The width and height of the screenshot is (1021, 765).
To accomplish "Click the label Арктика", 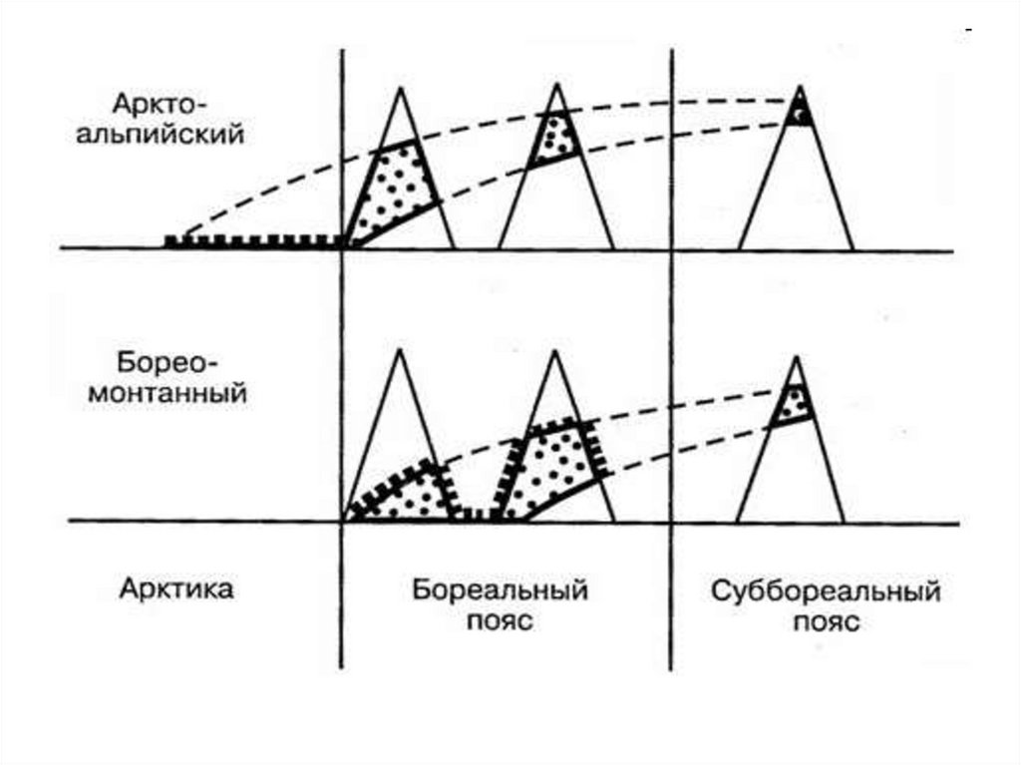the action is (176, 588).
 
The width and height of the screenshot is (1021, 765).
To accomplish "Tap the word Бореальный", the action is (500, 588).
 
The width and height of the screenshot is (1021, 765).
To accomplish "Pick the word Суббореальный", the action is (826, 590).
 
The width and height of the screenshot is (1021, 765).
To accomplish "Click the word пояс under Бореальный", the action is (499, 621).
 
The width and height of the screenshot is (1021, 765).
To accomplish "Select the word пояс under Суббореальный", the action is (826, 622).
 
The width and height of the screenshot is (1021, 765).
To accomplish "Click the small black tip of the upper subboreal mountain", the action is (798, 114).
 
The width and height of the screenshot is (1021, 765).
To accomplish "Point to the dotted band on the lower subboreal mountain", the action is (794, 404).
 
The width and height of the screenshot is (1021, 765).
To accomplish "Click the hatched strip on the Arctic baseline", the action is (254, 240).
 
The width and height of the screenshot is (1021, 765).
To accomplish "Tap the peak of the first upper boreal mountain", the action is (399, 89).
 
